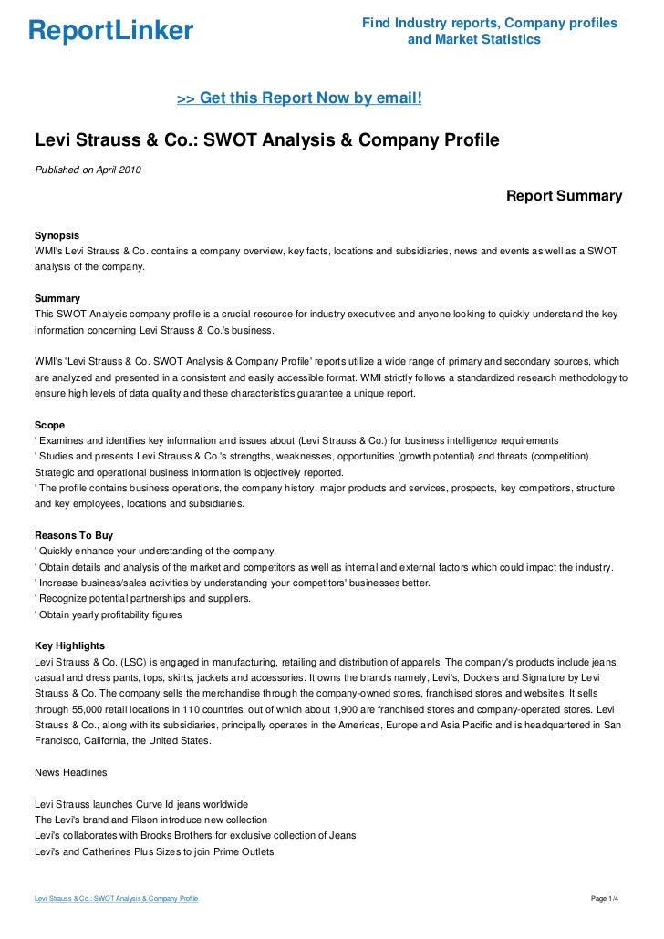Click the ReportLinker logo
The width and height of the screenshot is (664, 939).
[110, 32]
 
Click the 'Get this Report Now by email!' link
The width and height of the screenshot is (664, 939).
[298, 97]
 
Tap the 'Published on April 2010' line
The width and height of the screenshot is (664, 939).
[88, 170]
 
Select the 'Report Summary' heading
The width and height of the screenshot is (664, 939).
[564, 196]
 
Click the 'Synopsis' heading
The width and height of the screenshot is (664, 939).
[57, 234]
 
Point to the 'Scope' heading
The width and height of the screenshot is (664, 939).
[49, 425]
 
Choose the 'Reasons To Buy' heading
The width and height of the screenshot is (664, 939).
[73, 535]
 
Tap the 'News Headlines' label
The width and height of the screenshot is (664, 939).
[70, 773]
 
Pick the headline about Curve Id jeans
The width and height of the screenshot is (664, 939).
[140, 804]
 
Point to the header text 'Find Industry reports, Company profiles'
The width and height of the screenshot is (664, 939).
[490, 22]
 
